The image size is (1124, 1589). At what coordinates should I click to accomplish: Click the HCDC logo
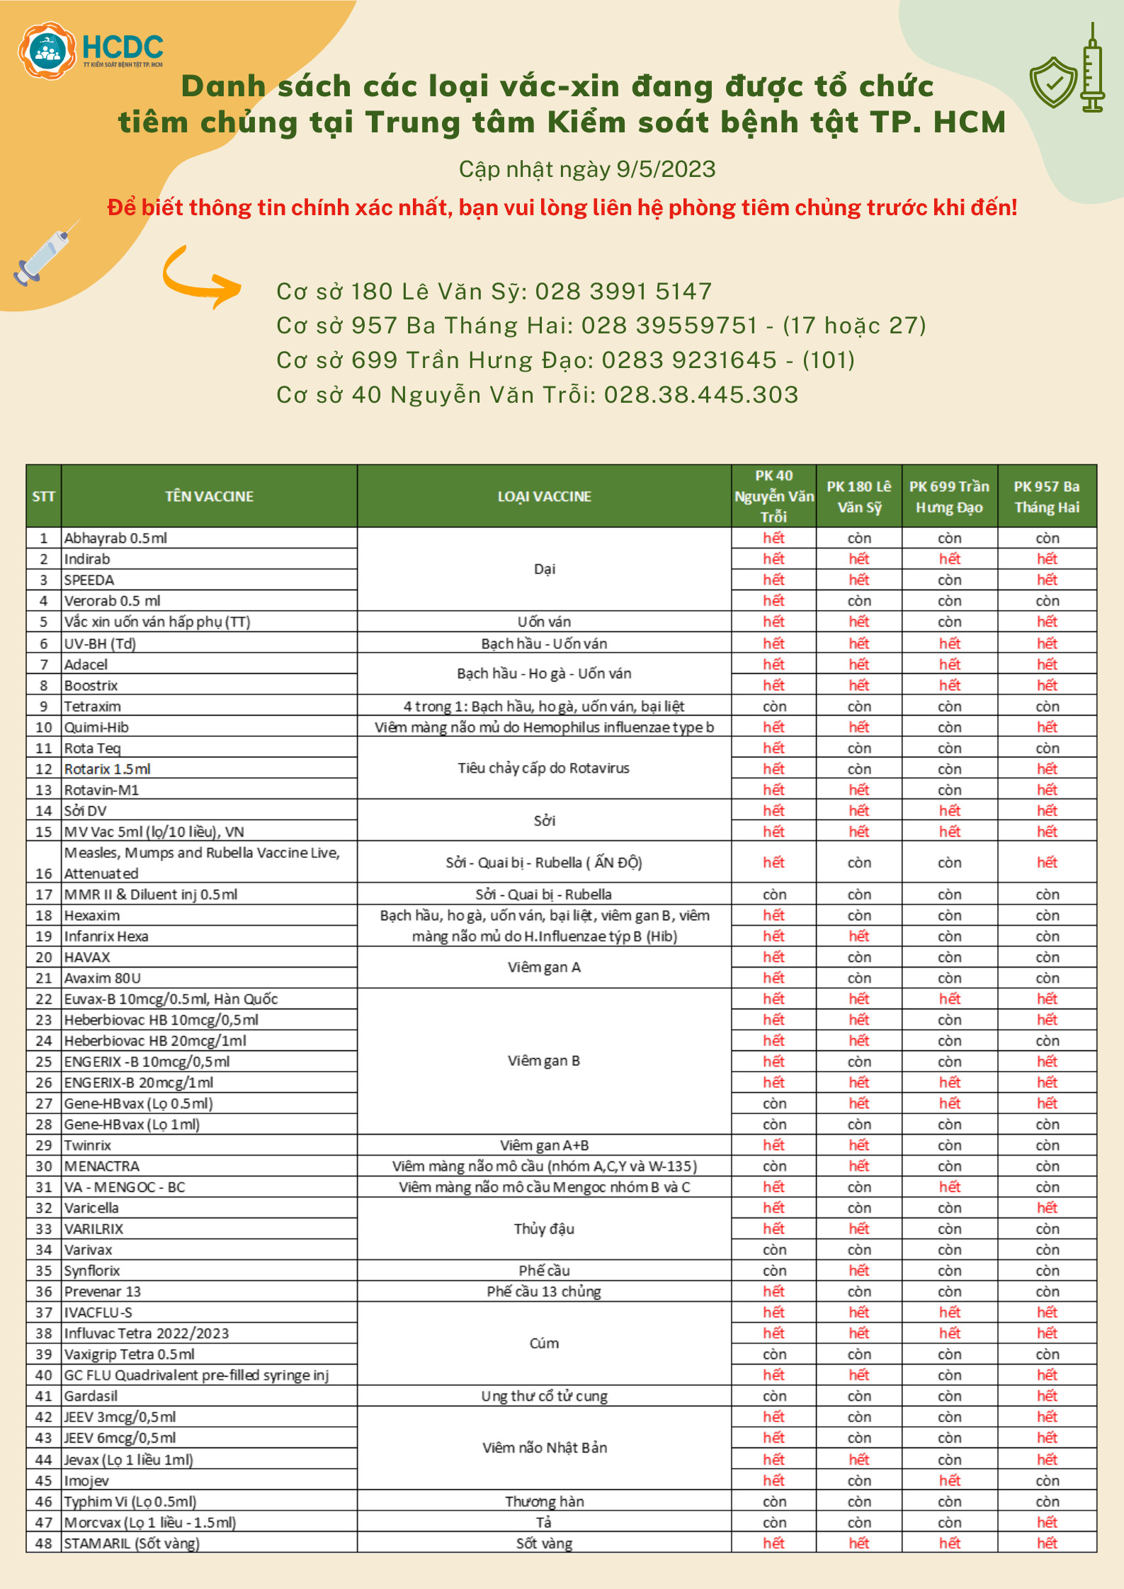point(90,50)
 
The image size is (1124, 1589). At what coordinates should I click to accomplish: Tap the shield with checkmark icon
point(1053,81)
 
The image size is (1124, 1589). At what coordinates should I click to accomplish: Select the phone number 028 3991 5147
point(623,292)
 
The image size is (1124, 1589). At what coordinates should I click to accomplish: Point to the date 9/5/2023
point(666,169)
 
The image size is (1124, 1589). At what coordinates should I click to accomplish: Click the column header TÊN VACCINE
point(209,496)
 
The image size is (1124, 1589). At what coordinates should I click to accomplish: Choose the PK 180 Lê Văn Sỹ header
point(858,496)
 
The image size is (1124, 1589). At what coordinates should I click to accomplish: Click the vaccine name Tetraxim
point(93,706)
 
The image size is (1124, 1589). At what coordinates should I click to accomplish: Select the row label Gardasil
point(91,1396)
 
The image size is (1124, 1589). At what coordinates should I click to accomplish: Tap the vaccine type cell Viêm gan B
point(544,1061)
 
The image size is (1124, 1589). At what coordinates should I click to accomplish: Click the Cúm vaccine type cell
point(544,1343)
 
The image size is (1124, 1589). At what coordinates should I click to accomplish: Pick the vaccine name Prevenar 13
point(103,1291)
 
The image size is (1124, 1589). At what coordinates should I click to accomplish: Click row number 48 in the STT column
point(44,1543)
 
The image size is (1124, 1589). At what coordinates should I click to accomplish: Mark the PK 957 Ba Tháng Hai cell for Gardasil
point(1047,1396)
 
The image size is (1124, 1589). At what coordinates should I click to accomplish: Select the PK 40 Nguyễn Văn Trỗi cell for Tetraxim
point(773,706)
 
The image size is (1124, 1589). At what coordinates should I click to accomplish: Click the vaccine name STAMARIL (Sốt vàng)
point(132,1543)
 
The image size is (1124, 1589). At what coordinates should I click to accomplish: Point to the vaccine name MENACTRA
point(102,1166)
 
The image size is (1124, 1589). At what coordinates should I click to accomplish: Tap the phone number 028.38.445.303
point(700,395)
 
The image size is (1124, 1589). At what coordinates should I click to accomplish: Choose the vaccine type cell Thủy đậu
point(544,1229)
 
